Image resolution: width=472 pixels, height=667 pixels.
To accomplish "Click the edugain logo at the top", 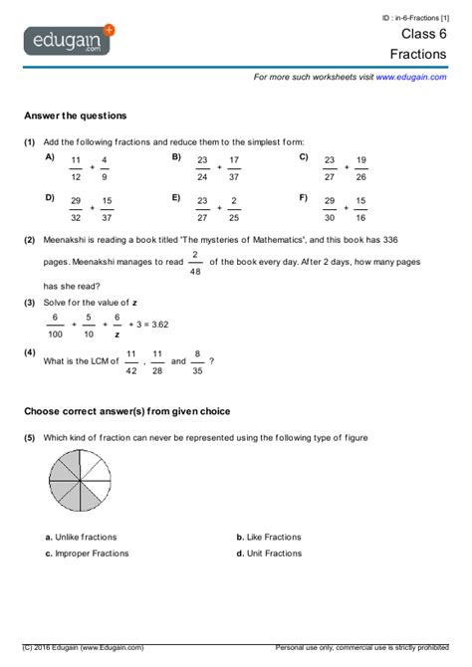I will tap(69, 42).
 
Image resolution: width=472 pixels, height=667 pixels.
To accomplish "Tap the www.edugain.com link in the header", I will tap(411, 77).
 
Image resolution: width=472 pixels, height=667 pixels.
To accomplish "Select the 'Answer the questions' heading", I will tap(75, 115).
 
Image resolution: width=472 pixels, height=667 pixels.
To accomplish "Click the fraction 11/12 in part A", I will tap(76, 168).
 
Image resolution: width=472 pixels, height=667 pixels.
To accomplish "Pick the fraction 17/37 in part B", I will tap(234, 168).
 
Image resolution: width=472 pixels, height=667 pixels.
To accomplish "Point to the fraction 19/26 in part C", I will tap(360, 168).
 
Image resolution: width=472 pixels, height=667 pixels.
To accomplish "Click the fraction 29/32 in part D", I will tap(76, 208).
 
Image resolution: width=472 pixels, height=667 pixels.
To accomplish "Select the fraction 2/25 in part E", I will tap(234, 208).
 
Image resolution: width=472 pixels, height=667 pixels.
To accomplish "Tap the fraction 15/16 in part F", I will tap(360, 208).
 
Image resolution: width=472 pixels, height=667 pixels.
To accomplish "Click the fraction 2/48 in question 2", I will tap(194, 262).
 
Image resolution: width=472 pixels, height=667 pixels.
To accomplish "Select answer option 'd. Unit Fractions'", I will tap(269, 553).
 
